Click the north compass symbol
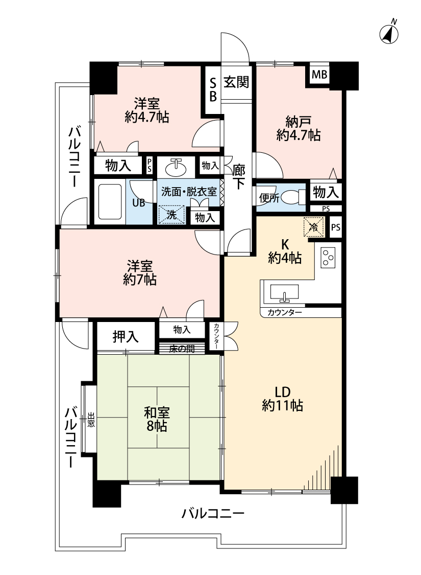(389, 32)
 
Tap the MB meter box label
(319, 75)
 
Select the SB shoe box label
(213, 89)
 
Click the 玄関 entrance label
(236, 82)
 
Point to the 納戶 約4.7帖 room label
(299, 128)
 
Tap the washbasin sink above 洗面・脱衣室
(176, 168)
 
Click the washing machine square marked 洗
(171, 215)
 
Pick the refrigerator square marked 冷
(313, 226)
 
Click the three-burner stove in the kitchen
(328, 258)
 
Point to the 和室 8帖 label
(157, 419)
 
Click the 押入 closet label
(126, 336)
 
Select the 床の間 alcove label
(182, 349)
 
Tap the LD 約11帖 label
(283, 399)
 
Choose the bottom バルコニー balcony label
(213, 513)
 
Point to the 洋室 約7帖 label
(140, 273)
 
